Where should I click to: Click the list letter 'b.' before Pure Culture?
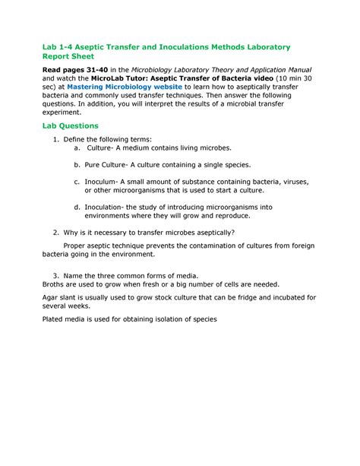(x=77, y=164)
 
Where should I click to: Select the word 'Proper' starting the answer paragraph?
(x=77, y=246)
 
